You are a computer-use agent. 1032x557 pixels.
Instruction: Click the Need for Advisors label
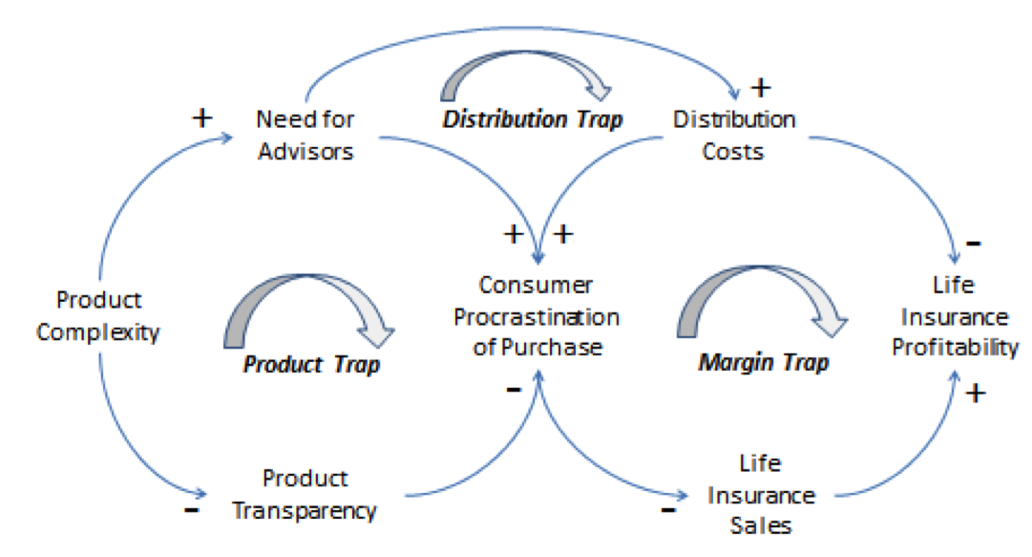(x=305, y=135)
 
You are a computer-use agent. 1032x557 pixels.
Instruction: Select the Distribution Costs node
(x=734, y=135)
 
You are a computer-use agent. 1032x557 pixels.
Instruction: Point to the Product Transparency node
(x=305, y=493)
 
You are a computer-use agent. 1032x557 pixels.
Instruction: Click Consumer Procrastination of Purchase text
(x=537, y=315)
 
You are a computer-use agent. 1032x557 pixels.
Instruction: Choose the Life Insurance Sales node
(x=759, y=494)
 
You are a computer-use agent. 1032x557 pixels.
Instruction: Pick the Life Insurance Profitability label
(x=955, y=315)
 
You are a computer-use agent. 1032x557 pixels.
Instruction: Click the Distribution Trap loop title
(x=534, y=119)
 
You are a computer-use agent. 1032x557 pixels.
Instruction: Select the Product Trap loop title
(x=311, y=364)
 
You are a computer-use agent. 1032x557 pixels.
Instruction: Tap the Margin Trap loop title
(x=764, y=362)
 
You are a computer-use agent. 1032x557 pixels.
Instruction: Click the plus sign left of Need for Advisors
(x=202, y=118)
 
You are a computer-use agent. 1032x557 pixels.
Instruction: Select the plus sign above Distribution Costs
(x=760, y=88)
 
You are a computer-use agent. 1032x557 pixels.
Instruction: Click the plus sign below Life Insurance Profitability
(x=975, y=393)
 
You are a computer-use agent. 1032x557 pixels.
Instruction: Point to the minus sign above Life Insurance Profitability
(x=973, y=243)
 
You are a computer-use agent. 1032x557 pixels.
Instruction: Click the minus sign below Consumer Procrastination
(x=514, y=388)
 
